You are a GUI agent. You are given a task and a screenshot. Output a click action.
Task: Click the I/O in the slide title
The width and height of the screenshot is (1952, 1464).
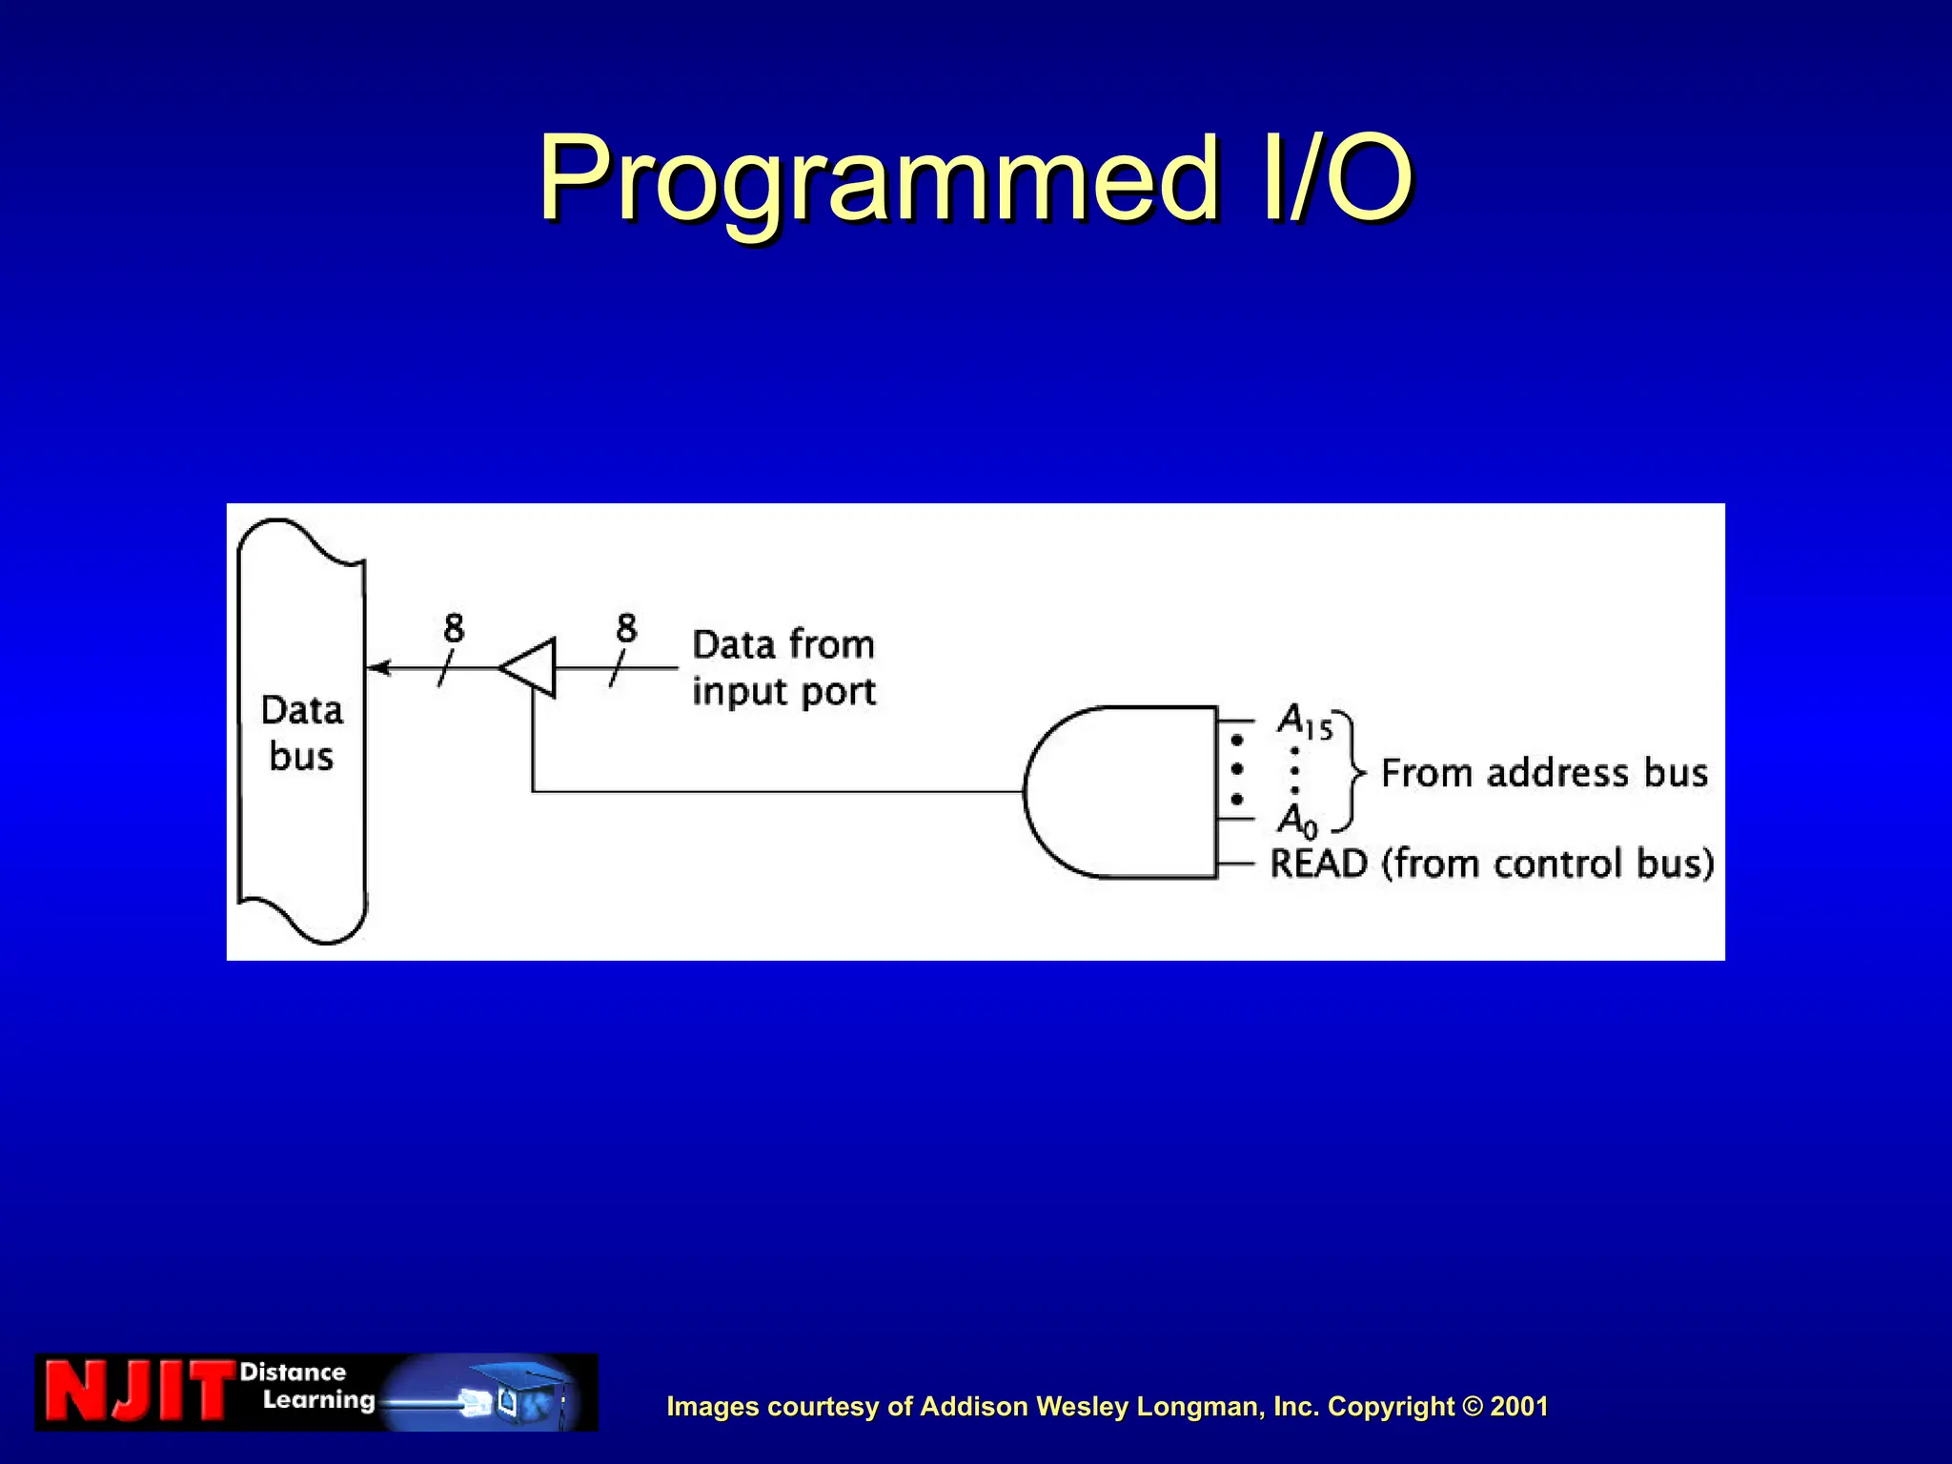pos(1334,179)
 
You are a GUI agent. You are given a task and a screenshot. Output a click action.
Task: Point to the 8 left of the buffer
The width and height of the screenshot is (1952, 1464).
pos(454,628)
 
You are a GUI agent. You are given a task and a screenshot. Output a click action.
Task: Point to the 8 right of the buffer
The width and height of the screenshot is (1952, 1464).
pos(626,628)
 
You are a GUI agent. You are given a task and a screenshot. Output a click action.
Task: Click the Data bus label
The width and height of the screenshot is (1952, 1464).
pos(301,733)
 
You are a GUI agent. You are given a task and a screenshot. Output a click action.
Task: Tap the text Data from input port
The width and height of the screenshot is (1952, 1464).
pos(783,667)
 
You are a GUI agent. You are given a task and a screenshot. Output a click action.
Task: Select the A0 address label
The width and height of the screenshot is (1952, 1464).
pos(1297,820)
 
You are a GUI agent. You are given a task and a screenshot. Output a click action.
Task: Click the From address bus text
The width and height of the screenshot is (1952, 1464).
pos(1544,773)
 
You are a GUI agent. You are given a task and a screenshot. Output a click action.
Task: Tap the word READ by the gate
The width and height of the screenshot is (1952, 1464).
pos(1318,864)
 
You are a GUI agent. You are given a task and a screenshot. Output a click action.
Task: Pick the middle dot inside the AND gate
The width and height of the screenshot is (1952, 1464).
pos(1237,769)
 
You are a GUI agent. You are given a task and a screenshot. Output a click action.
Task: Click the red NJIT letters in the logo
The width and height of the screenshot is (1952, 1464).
pos(138,1392)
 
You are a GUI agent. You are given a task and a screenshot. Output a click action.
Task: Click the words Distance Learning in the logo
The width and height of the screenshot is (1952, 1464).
pos(305,1386)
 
